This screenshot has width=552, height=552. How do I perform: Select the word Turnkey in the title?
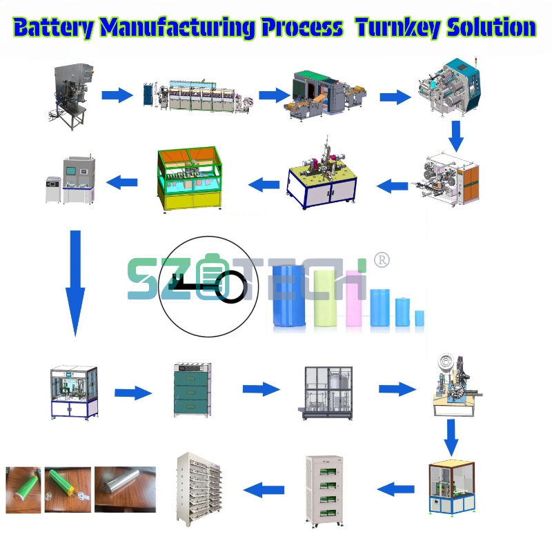(395, 27)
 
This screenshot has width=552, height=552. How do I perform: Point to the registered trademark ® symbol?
(382, 260)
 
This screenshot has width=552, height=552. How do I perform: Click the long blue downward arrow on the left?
(75, 283)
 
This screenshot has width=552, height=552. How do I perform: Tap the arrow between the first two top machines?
(117, 95)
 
